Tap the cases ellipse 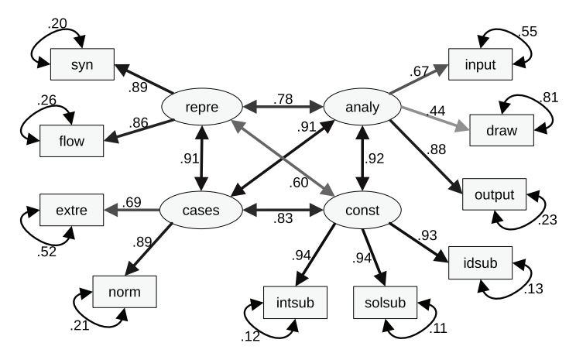point(200,210)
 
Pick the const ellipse point(361,210)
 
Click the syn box point(82,64)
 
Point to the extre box point(70,210)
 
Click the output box point(494,194)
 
